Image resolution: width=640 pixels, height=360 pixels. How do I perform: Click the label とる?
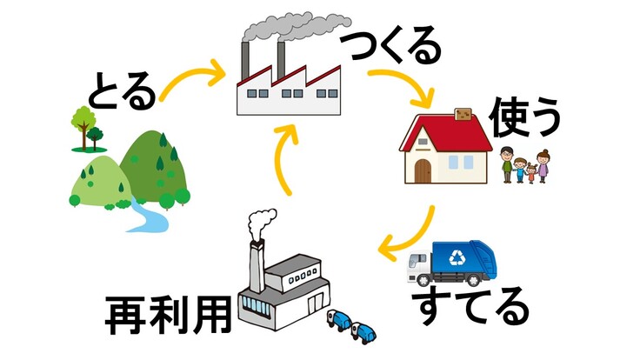point(123,90)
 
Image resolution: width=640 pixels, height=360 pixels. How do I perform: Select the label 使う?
point(524,120)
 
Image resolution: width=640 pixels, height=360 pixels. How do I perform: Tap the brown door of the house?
point(423,170)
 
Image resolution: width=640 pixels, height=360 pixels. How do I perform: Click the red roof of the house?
point(443,130)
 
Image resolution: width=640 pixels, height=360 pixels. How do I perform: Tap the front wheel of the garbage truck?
point(423,280)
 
